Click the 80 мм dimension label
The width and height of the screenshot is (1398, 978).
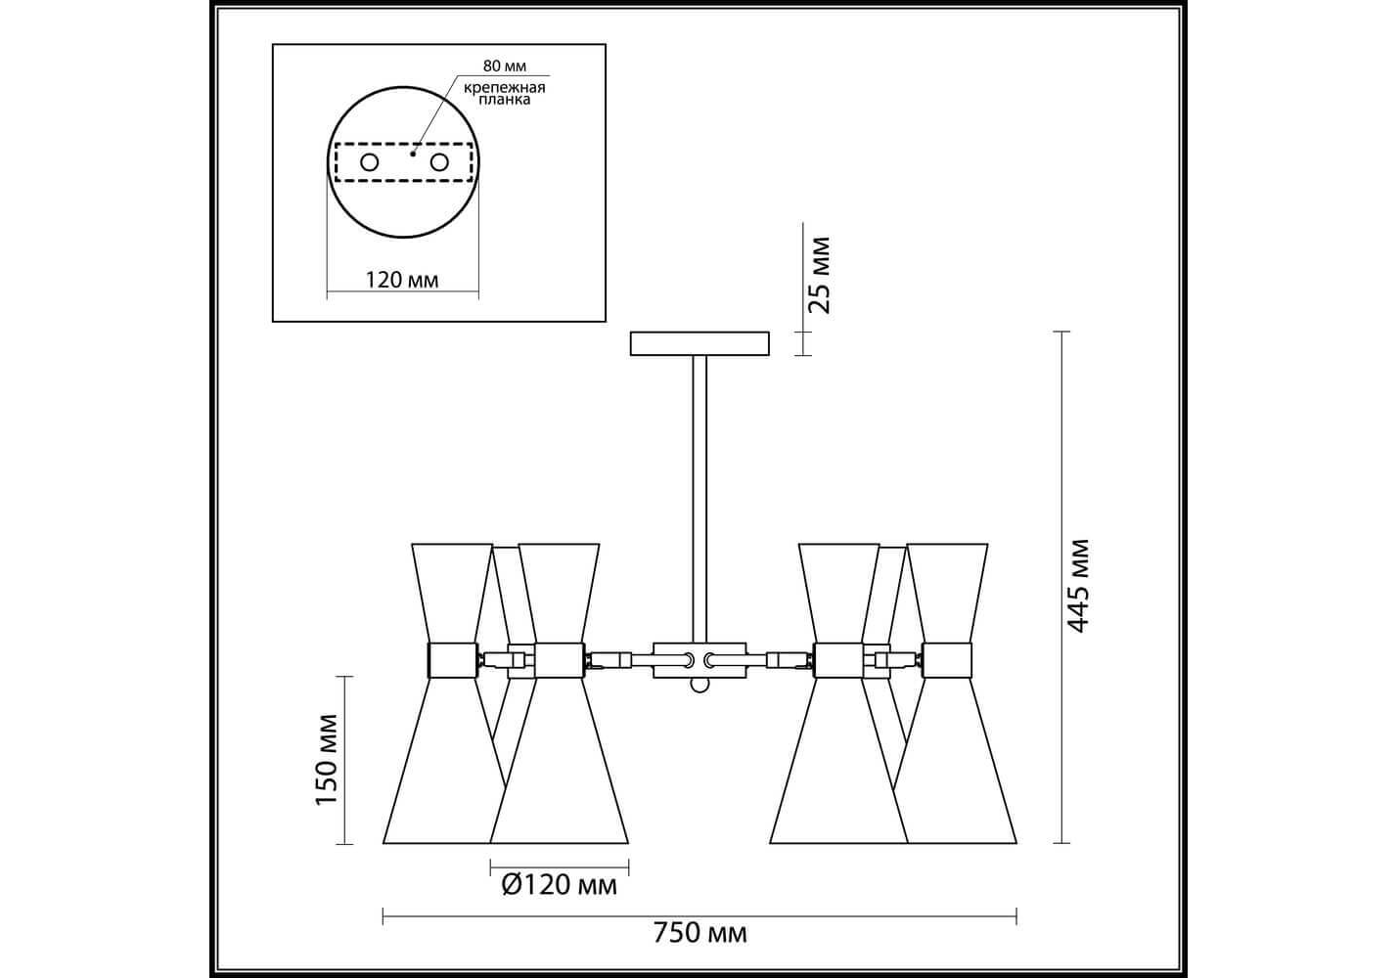coord(504,66)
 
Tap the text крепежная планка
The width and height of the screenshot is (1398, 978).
coord(504,93)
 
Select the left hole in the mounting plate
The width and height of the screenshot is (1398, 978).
coord(370,162)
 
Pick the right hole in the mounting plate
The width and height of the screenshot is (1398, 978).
coord(439,162)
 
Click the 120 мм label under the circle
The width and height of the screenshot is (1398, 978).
coord(402,280)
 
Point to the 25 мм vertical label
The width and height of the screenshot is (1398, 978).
coord(820,275)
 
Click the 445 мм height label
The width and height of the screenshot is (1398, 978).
coord(1078,586)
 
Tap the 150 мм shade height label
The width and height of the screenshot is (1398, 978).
coord(327,760)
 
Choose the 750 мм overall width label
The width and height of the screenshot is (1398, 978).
coord(700,951)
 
